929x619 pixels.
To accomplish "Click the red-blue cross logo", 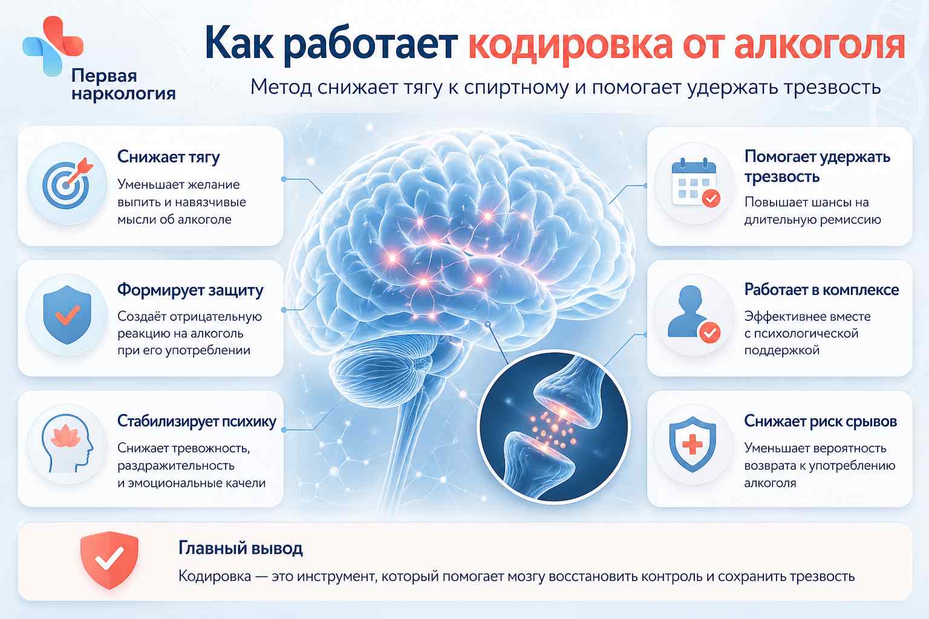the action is (x=53, y=45).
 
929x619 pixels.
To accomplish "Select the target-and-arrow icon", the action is (x=68, y=183).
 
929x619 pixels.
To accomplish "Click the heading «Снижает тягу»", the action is (x=168, y=157).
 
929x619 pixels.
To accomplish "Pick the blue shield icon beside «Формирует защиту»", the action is (x=67, y=315).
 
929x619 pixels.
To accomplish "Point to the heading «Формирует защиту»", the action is (x=190, y=290).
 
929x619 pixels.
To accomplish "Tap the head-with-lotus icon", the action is (x=67, y=443).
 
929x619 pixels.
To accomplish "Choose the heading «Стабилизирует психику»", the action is (x=197, y=421).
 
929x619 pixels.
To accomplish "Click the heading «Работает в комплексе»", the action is (x=821, y=290).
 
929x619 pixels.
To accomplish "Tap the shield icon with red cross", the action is (x=693, y=444).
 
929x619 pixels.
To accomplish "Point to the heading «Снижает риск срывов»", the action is (x=820, y=421).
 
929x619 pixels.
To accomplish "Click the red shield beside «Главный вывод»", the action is (x=109, y=560).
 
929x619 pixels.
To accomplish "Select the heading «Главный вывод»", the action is (x=241, y=548).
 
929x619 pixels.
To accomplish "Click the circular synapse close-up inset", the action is (x=554, y=427).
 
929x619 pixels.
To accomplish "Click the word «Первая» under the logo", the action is (x=104, y=76).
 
